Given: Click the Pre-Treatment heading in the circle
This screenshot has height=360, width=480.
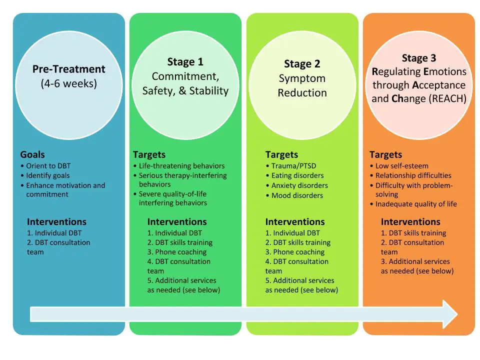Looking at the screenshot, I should [x=69, y=69].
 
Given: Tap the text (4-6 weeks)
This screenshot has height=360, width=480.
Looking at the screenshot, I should [x=69, y=83].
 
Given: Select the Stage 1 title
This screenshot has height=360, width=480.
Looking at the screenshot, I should [x=185, y=62].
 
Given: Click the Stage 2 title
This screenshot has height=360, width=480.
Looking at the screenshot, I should [x=302, y=64].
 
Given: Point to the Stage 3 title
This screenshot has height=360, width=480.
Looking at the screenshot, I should [x=418, y=58].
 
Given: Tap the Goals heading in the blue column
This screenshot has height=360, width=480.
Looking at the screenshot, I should [x=32, y=154].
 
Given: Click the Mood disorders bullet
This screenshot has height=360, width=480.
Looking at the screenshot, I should [x=296, y=195].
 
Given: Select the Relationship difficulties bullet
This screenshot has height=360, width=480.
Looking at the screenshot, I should [x=413, y=175].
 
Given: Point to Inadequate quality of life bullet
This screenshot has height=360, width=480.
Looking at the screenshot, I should [x=415, y=203].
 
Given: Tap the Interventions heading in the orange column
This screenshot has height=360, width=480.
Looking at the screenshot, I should [x=410, y=221].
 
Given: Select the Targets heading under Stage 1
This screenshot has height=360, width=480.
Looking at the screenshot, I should [x=149, y=154].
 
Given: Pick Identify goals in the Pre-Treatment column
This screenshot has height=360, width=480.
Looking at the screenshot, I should [x=47, y=175].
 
